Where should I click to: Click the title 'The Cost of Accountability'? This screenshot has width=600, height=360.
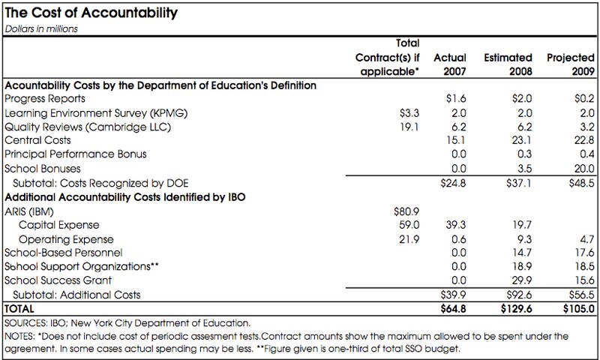(x=91, y=13)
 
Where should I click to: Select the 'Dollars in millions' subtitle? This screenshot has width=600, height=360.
(x=41, y=29)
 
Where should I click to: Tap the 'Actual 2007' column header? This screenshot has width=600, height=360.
(x=449, y=64)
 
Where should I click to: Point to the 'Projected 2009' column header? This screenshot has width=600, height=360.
(x=571, y=64)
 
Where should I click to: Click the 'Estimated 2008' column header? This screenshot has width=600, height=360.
(x=508, y=64)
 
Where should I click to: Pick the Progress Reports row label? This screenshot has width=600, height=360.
(x=45, y=99)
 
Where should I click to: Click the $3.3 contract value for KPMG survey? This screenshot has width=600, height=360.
(x=409, y=113)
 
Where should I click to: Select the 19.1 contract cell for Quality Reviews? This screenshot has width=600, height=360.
(x=409, y=127)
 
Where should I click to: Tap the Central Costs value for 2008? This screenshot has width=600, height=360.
(x=522, y=140)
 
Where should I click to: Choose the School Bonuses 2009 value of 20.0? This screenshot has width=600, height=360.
(x=584, y=169)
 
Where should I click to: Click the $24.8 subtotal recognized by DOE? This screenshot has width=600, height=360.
(x=453, y=183)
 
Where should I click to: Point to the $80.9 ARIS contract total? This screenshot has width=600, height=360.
(x=406, y=211)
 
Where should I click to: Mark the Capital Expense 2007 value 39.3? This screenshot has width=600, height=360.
(x=456, y=225)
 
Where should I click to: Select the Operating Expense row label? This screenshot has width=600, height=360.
(x=66, y=239)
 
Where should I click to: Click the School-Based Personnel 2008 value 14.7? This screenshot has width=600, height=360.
(x=522, y=253)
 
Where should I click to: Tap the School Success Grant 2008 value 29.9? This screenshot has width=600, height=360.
(x=522, y=280)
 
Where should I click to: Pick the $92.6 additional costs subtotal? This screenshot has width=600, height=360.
(x=519, y=295)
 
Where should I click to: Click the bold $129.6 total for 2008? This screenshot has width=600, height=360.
(x=516, y=309)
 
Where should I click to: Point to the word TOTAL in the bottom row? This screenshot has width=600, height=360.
(x=19, y=309)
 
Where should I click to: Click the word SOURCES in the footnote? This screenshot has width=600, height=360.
(x=25, y=323)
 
